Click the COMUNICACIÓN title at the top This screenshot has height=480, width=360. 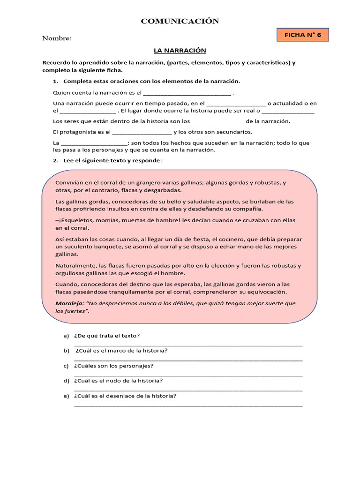(x=180, y=21)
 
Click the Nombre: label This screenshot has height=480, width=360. (x=57, y=38)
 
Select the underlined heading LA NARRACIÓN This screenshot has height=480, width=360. (x=180, y=50)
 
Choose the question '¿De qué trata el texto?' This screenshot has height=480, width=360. (x=107, y=336)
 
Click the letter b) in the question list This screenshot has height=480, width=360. (x=66, y=351)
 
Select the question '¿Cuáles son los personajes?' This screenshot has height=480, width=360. (x=113, y=366)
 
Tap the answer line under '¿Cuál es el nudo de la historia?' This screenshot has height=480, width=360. (x=188, y=389)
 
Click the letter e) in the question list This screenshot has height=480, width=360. (x=66, y=396)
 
